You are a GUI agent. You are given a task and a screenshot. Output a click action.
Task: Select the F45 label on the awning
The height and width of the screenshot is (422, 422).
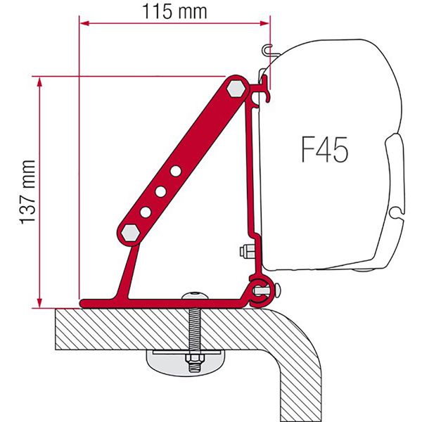click(321, 150)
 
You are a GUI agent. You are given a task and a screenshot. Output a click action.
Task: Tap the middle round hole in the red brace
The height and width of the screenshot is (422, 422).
click(161, 191)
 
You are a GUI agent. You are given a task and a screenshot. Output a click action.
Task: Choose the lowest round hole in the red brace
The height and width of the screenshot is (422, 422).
click(146, 212)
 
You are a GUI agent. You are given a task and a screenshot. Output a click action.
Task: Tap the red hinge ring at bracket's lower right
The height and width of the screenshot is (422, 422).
click(258, 288)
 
